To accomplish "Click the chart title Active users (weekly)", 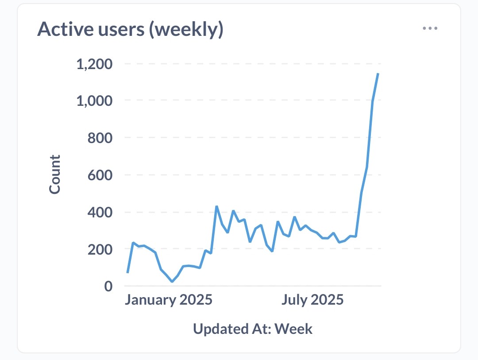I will click(x=130, y=29).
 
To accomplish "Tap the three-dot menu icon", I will click(x=430, y=28).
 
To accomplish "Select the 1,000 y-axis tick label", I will click(x=95, y=101).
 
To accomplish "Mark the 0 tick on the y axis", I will click(x=109, y=286).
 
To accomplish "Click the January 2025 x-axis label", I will click(x=168, y=300).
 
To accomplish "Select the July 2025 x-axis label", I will click(x=312, y=300).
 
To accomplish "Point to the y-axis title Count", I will click(x=54, y=174).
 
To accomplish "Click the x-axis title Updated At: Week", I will click(x=253, y=329).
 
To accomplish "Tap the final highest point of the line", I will click(x=378, y=74).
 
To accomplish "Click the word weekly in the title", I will click(x=188, y=29).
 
